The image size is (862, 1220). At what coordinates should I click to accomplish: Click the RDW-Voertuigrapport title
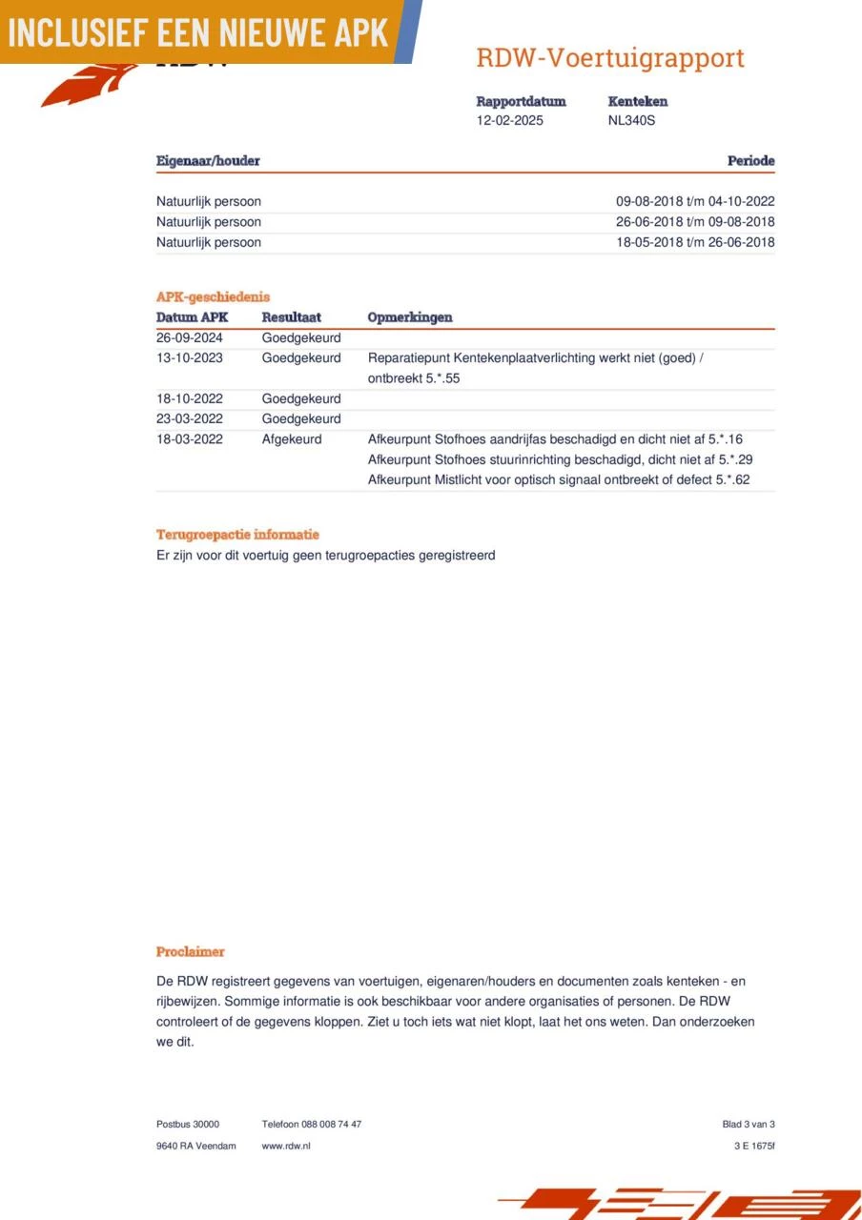[609, 58]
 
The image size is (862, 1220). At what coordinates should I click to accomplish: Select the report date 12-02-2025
[509, 121]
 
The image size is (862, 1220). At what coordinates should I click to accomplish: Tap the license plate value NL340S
[631, 121]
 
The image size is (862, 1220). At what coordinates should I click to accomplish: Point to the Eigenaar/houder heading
[208, 161]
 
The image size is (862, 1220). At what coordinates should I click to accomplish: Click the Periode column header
[750, 161]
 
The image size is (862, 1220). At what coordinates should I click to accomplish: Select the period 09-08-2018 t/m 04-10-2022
[695, 202]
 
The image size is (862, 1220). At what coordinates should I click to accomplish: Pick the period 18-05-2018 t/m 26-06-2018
[695, 242]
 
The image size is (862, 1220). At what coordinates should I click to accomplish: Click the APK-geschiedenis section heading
[213, 297]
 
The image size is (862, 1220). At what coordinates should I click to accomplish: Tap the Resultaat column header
[292, 317]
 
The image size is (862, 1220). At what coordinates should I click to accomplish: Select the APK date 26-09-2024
[189, 337]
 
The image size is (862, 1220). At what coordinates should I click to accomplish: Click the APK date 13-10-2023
[189, 358]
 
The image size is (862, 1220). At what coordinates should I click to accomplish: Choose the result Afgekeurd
[292, 439]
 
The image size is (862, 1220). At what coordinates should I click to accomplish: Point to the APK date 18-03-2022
[189, 439]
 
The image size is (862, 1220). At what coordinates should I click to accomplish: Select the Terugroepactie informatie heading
[237, 535]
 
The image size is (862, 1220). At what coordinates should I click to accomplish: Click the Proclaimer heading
[191, 952]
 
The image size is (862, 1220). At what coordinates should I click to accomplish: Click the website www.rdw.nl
[286, 1146]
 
